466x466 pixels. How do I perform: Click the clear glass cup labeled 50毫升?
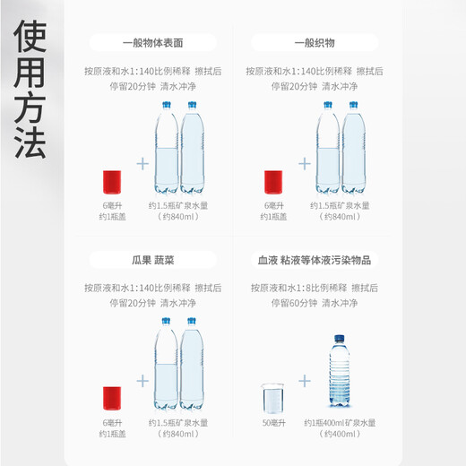272,398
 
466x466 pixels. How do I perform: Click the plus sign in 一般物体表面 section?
142,164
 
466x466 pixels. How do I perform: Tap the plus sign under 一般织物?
304,164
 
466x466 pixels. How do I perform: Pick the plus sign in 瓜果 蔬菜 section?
142,379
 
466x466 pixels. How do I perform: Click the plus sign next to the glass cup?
305,380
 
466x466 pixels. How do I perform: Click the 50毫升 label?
272,423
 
